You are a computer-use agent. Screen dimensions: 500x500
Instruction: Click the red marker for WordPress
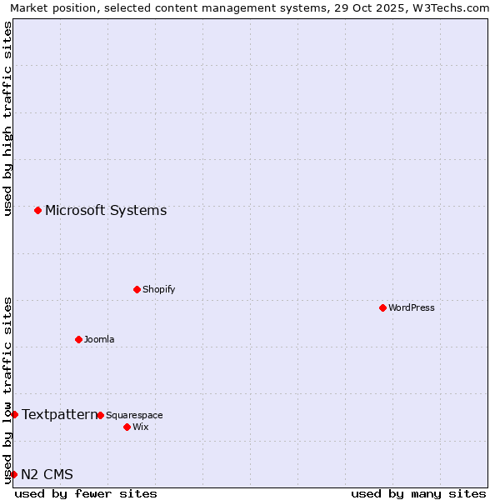pos(382,307)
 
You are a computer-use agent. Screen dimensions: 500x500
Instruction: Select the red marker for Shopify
pos(137,289)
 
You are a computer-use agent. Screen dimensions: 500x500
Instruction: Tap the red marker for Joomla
pos(78,339)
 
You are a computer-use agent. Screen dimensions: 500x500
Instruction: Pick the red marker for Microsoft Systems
pos(37,210)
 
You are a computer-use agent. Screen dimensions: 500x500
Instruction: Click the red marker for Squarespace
pos(100,415)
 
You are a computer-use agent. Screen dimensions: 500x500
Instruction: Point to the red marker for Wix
pos(127,427)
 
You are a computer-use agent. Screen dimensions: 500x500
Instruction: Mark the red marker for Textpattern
pos(14,414)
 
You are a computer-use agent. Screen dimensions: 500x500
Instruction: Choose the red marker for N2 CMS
pos(13,474)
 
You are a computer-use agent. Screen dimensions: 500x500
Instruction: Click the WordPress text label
pos(412,307)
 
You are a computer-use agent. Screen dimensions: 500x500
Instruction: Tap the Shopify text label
pos(158,289)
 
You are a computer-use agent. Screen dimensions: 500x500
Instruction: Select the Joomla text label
pos(99,339)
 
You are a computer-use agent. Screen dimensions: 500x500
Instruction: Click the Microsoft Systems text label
pos(106,210)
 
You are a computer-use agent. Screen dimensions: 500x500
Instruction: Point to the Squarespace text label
pos(134,415)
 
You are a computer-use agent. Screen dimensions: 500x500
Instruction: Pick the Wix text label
pos(140,427)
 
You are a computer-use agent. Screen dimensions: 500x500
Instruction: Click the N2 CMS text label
pos(47,474)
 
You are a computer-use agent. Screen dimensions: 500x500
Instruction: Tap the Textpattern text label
pos(59,414)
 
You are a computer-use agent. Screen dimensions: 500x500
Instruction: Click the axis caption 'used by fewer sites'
pos(86,493)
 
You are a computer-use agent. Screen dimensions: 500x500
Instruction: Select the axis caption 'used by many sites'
pos(418,493)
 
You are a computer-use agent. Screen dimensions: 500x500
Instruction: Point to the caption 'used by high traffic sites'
pos(7,118)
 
